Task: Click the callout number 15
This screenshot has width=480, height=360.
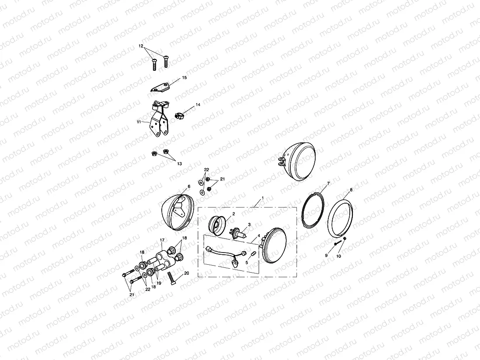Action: (x=184, y=77)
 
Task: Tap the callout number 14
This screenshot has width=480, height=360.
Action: (x=198, y=105)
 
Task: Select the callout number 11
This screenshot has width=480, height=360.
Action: (x=139, y=122)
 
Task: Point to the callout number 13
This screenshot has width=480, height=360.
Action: (x=179, y=163)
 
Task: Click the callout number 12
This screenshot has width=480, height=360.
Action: (x=141, y=45)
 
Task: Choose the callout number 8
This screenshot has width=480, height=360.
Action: (x=351, y=190)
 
